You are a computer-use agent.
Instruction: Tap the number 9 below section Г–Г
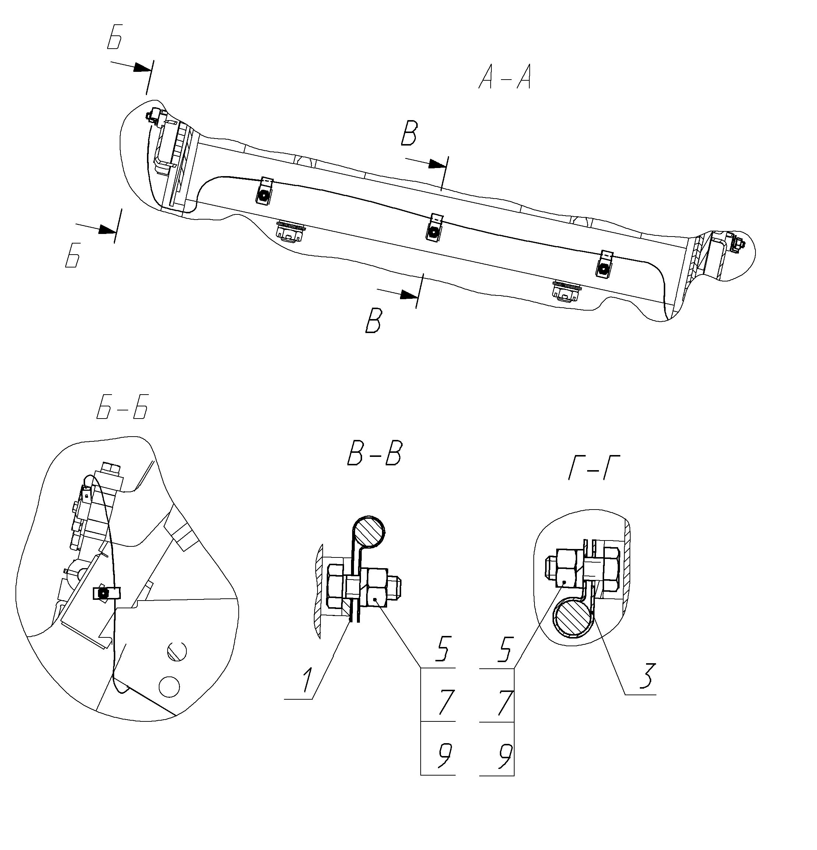click(x=504, y=757)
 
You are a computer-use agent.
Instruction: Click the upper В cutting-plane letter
click(x=409, y=134)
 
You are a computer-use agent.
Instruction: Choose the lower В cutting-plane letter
click(x=374, y=321)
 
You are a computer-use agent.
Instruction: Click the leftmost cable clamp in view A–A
click(x=264, y=191)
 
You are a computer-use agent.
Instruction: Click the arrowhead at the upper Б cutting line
click(x=142, y=68)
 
